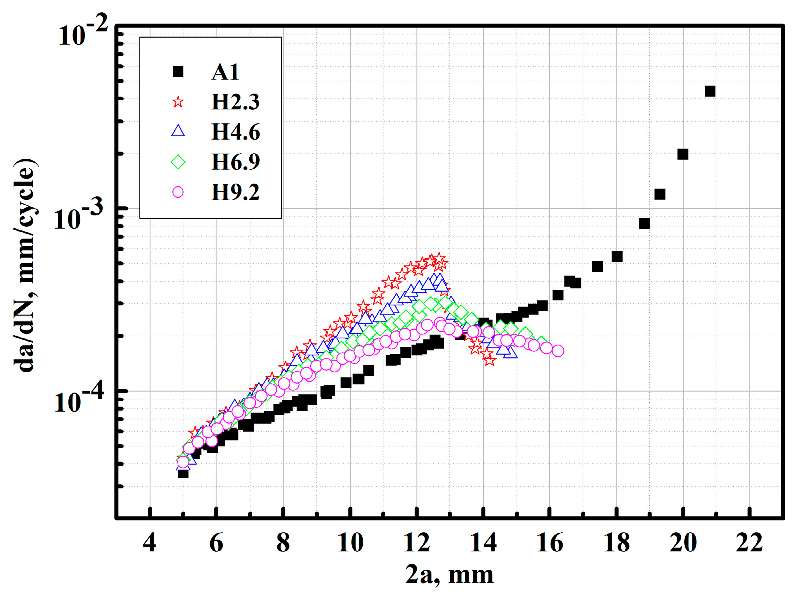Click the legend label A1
pyautogui.click(x=225, y=72)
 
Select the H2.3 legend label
pyautogui.click(x=235, y=102)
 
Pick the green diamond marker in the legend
pyautogui.click(x=178, y=162)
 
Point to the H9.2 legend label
pyautogui.click(x=235, y=192)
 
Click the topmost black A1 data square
pyautogui.click(x=710, y=91)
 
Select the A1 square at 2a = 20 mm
pyautogui.click(x=683, y=154)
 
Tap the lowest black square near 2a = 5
pyautogui.click(x=183, y=472)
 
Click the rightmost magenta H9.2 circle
pyautogui.click(x=558, y=351)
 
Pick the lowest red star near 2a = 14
pyautogui.click(x=490, y=360)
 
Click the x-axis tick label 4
pyautogui.click(x=149, y=543)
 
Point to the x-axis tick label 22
pyautogui.click(x=749, y=543)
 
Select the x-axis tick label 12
pyautogui.click(x=416, y=543)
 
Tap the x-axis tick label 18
pyautogui.click(x=616, y=543)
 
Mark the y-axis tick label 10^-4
pyautogui.click(x=80, y=400)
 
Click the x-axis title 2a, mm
pyautogui.click(x=449, y=575)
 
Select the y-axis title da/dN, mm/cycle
pyautogui.click(x=25, y=266)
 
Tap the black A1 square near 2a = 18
pyautogui.click(x=617, y=257)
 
